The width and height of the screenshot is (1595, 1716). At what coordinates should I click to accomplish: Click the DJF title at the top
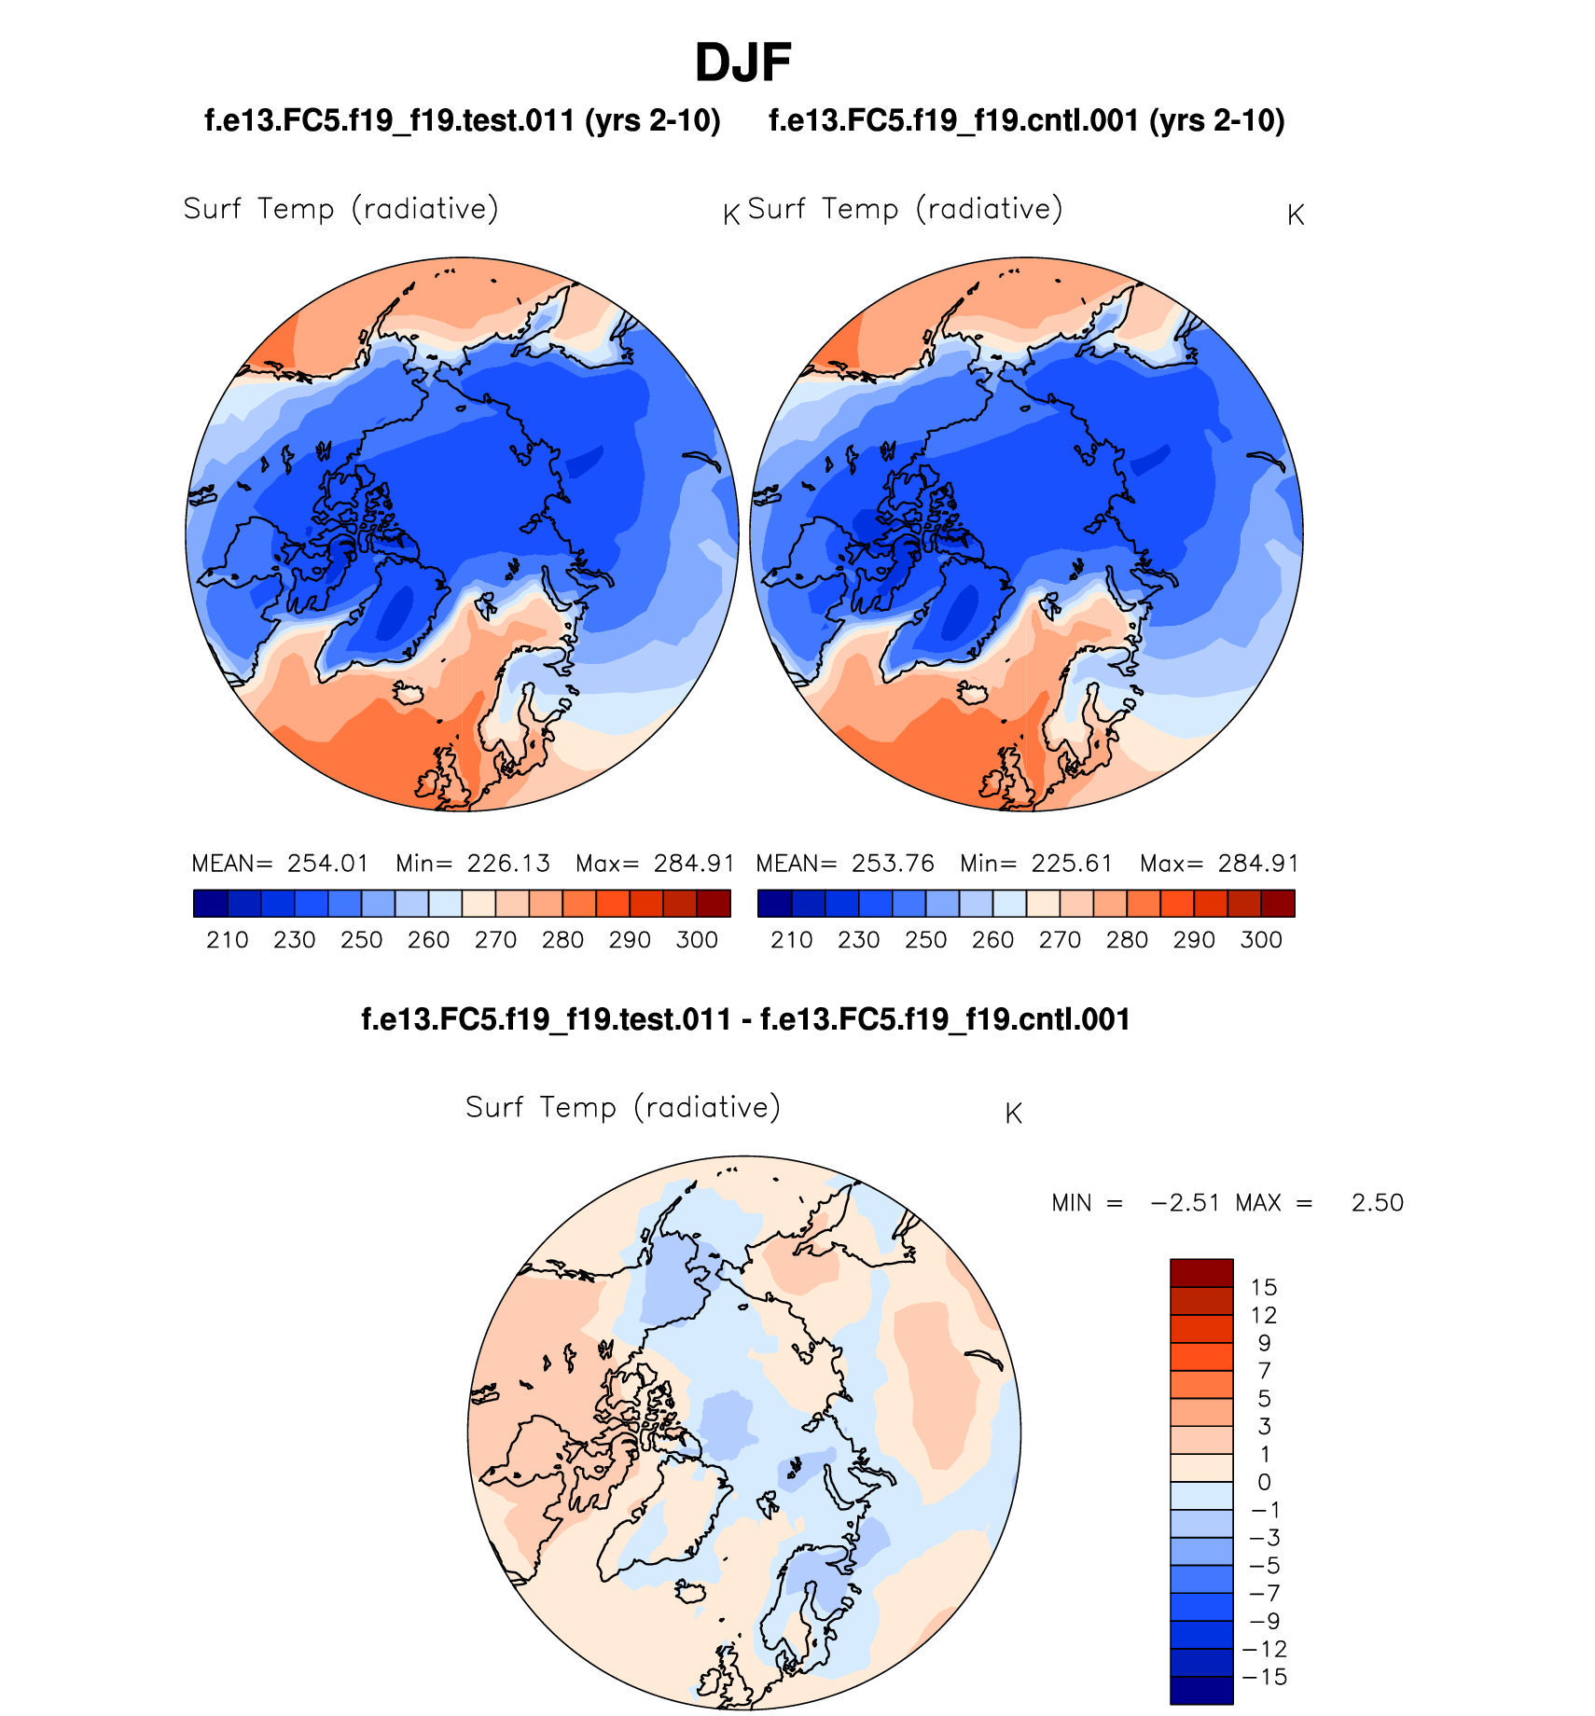coord(742,63)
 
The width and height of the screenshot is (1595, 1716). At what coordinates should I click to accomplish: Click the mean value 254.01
coord(327,864)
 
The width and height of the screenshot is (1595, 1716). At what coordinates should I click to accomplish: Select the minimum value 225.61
coord(1072,864)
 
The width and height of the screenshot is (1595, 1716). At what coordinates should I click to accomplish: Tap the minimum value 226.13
coord(508,864)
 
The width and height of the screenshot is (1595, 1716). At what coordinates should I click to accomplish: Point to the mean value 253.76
coord(892,864)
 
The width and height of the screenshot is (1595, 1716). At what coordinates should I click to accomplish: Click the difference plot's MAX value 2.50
coord(1377,1203)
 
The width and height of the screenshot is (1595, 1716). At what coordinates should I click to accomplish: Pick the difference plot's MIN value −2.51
coord(1186,1203)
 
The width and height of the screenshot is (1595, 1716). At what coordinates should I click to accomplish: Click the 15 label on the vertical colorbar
coord(1263,1288)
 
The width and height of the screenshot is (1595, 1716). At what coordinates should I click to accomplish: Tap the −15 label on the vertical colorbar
coord(1265,1678)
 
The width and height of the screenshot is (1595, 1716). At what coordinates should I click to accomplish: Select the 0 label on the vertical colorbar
coord(1264,1483)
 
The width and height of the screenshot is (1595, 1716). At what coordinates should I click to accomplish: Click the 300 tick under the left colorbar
coord(697,940)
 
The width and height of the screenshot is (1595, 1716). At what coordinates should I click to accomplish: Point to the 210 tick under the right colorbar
coord(792,940)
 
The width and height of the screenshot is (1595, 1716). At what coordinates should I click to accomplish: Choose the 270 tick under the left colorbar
coord(495,940)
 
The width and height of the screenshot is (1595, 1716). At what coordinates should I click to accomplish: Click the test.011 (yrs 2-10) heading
coord(463,121)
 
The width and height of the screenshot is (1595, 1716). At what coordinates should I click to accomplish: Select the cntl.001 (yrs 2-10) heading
coord(1027,121)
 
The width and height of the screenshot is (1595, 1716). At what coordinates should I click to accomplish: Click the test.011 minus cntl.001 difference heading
coord(745,1019)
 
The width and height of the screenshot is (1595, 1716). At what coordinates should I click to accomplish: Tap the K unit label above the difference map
coord(1014,1114)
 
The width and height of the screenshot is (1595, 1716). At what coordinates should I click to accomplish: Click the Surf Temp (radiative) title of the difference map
coord(623,1107)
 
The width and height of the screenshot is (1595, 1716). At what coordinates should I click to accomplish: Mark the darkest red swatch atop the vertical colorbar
coord(1201,1273)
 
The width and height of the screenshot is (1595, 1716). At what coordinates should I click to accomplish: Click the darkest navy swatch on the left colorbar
coord(211,904)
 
